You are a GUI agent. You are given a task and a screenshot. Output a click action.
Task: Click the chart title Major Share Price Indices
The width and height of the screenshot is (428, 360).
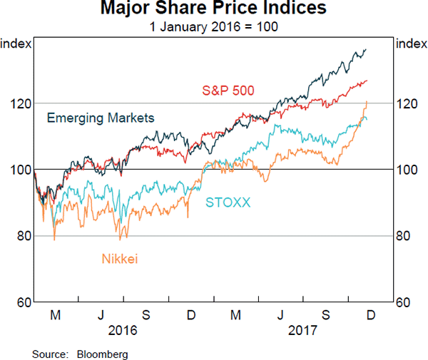[213, 9]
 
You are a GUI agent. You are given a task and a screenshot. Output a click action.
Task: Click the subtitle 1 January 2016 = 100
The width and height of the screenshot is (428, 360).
[213, 27]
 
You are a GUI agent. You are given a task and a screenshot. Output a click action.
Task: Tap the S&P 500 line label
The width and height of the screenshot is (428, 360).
[228, 91]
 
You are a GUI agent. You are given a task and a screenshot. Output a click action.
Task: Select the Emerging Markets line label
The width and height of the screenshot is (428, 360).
[101, 118]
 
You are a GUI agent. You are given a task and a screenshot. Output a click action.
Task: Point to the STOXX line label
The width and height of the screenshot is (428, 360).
[228, 202]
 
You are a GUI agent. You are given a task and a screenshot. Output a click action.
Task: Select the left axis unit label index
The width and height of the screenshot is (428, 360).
[16, 44]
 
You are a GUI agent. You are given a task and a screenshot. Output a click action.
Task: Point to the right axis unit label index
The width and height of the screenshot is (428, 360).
[411, 44]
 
